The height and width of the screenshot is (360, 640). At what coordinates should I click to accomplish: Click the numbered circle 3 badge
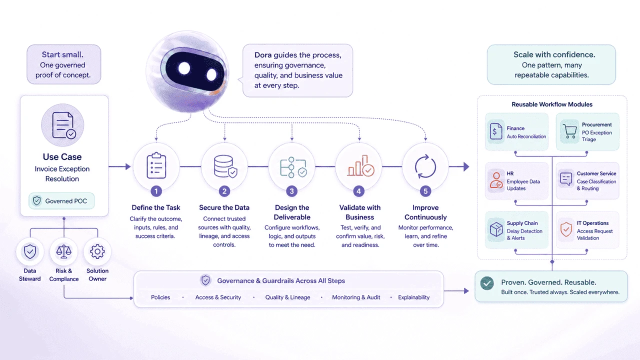tap(291, 191)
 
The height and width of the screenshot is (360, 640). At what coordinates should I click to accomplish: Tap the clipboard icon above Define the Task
tap(156, 165)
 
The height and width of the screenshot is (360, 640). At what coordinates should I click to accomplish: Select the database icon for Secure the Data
tap(225, 166)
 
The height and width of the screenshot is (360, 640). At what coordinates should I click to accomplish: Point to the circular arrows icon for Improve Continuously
tap(425, 166)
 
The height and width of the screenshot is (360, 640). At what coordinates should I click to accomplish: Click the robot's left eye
tap(184, 68)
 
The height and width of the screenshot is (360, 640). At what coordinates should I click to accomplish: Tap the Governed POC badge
tap(61, 201)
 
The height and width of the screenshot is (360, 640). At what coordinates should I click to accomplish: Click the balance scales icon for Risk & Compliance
tap(63, 251)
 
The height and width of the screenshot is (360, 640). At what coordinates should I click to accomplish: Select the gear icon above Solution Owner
tap(97, 251)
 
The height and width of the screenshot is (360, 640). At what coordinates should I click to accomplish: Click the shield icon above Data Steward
tap(30, 251)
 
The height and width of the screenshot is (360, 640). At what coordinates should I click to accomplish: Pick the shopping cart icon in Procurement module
tap(569, 131)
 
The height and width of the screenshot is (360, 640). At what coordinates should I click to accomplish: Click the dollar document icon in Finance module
tap(496, 131)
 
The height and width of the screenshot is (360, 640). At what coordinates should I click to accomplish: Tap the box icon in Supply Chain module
tap(496, 229)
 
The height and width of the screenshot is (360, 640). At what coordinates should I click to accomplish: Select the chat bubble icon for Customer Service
tap(566, 179)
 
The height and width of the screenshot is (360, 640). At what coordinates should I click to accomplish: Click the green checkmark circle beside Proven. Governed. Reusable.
tap(487, 283)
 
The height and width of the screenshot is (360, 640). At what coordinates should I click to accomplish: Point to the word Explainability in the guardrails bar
tap(413, 297)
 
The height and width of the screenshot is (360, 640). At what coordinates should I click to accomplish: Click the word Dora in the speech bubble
tap(263, 55)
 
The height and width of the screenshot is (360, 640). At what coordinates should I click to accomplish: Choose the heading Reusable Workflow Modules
tap(552, 104)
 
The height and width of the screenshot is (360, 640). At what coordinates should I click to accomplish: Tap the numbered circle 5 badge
tap(425, 191)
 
